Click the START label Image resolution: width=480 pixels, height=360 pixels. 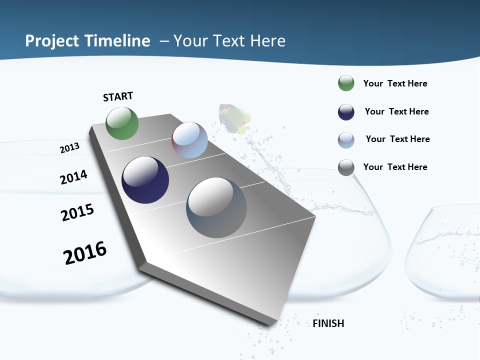pyautogui.click(x=118, y=96)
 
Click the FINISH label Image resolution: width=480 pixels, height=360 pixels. pyautogui.click(x=328, y=323)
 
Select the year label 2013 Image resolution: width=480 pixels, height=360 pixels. pyautogui.click(x=69, y=148)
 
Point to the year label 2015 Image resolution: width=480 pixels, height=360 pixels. pyautogui.click(x=77, y=212)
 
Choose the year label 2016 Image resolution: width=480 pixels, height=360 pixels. pyautogui.click(x=85, y=252)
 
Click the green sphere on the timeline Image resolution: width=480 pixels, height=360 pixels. pyautogui.click(x=122, y=123)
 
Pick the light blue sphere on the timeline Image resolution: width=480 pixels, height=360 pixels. pyautogui.click(x=189, y=140)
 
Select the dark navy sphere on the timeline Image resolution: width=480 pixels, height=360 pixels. pyautogui.click(x=145, y=180)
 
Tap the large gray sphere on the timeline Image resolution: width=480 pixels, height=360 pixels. pyautogui.click(x=216, y=207)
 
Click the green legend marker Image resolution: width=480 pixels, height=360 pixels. pyautogui.click(x=346, y=83)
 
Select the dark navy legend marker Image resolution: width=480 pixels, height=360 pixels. pyautogui.click(x=346, y=112)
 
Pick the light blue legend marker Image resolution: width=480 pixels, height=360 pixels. pyautogui.click(x=346, y=140)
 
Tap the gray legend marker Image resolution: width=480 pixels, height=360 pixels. pyautogui.click(x=346, y=167)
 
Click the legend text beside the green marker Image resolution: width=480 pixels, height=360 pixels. pyautogui.click(x=395, y=83)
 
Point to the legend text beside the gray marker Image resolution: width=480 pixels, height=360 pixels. pyautogui.click(x=395, y=167)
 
